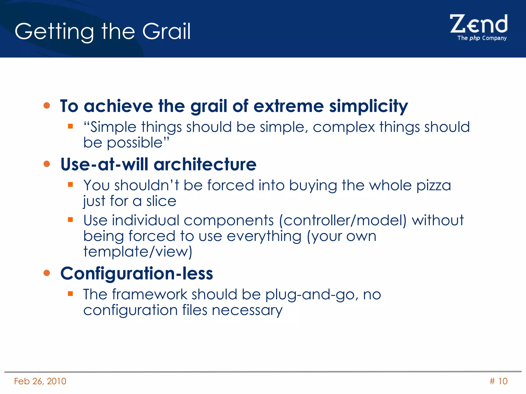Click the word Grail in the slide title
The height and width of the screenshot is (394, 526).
coord(166,31)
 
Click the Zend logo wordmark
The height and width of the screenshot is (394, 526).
coord(478,24)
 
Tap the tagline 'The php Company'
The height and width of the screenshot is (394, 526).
coord(482,38)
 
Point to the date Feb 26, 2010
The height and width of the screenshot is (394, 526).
coord(40,381)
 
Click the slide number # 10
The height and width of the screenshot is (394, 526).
coord(498,381)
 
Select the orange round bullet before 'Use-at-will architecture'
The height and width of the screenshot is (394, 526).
coord(47,164)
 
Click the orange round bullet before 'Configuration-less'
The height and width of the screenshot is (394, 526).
coord(47,273)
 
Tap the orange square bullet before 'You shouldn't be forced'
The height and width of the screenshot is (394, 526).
coord(70,184)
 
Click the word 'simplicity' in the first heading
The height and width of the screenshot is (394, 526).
coord(369,106)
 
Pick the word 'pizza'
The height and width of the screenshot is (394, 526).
coord(434,186)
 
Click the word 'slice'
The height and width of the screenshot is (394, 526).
coord(161,201)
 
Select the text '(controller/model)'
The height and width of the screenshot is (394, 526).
coord(343,221)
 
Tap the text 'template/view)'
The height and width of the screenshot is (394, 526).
coord(138,252)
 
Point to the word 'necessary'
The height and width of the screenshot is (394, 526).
coord(247,311)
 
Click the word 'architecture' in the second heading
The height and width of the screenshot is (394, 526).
coord(205,164)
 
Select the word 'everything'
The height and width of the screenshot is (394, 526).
coord(264,237)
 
